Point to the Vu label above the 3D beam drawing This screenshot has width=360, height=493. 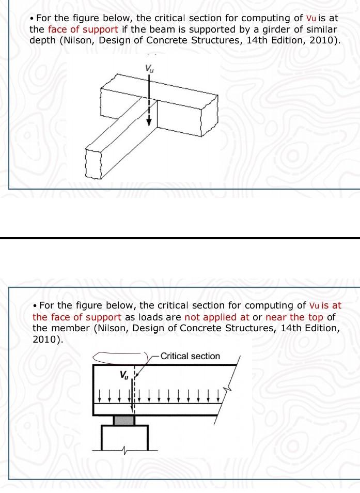149,68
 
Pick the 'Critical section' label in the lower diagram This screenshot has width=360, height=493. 190,356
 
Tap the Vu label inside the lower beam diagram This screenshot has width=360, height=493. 124,375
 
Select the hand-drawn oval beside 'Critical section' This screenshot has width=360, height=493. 120,356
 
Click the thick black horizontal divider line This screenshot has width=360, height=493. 180,238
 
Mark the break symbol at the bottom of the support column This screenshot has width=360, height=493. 124,451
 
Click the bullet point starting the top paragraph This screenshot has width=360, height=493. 32,18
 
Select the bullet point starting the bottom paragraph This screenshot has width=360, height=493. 35,306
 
